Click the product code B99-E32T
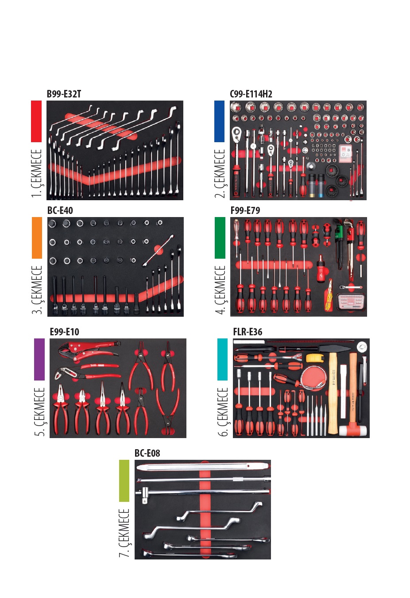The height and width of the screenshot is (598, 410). (64, 94)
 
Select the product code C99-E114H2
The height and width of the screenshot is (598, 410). (251, 94)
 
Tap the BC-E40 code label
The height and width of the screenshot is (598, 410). (60, 210)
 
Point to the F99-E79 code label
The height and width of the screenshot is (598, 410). (245, 210)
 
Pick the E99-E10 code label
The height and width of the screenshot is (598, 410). (64, 332)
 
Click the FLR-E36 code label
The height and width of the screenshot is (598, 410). (248, 332)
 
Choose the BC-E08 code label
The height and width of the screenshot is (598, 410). (147, 453)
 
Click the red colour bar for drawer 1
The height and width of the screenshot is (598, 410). (36, 121)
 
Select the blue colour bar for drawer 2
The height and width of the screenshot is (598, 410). (219, 121)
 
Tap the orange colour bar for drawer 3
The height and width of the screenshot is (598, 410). (37, 238)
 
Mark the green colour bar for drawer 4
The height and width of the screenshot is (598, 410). (220, 238)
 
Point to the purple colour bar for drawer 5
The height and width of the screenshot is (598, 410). (39, 359)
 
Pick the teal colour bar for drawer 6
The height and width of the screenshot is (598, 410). (222, 359)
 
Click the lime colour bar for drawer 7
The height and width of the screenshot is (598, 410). (124, 481)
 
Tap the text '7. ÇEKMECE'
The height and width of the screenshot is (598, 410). (124, 533)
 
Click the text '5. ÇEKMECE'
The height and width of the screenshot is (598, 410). (40, 412)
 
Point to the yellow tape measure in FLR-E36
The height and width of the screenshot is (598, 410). (313, 357)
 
